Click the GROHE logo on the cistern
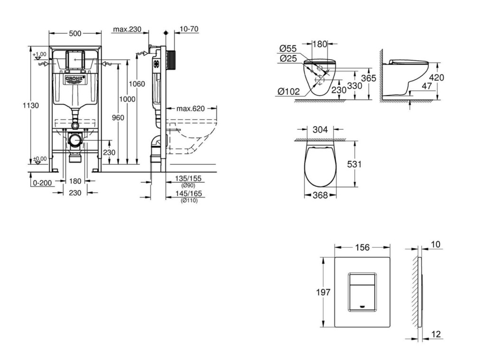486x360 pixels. pyautogui.click(x=75, y=79)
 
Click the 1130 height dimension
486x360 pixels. pyautogui.click(x=31, y=105)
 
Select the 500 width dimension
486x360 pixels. pyautogui.click(x=75, y=33)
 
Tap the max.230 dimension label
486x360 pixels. pyautogui.click(x=127, y=29)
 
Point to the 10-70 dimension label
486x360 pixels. pyautogui.click(x=189, y=29)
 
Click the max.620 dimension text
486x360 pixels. pyautogui.click(x=191, y=109)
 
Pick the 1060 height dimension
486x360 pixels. pyautogui.click(x=137, y=84)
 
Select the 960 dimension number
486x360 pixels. pyautogui.click(x=118, y=117)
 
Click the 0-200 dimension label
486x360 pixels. pyautogui.click(x=42, y=183)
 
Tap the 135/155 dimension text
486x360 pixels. pyautogui.click(x=188, y=179)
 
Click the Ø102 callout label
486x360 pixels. pyautogui.click(x=289, y=92)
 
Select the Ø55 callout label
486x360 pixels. pyautogui.click(x=288, y=48)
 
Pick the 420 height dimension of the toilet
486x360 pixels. pyautogui.click(x=437, y=77)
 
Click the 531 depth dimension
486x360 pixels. pyautogui.click(x=354, y=164)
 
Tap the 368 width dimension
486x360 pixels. pyautogui.click(x=320, y=195)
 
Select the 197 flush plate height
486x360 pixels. pyautogui.click(x=323, y=292)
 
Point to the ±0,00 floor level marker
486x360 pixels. pyautogui.click(x=40, y=159)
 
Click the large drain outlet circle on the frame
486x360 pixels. pyautogui.click(x=75, y=141)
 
